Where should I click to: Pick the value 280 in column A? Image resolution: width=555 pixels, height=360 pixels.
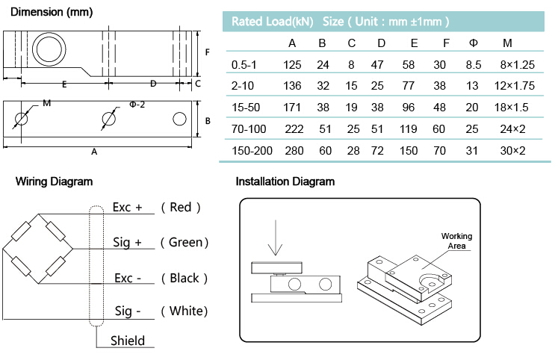(x=292, y=150)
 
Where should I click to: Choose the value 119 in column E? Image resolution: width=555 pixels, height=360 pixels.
(x=408, y=128)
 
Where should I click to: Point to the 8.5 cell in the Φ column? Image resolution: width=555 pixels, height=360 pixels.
(x=473, y=65)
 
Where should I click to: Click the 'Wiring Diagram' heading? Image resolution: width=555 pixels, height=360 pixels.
(x=54, y=181)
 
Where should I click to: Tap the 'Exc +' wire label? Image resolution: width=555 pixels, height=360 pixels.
(x=127, y=207)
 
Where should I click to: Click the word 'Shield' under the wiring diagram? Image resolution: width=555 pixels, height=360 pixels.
(x=128, y=341)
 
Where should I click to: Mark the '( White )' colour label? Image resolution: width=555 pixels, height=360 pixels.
(x=184, y=311)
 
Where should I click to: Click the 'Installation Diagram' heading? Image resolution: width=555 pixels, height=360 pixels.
(x=285, y=181)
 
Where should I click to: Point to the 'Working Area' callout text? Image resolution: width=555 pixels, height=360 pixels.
(x=456, y=240)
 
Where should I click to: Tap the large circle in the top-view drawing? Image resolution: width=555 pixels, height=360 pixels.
(x=46, y=50)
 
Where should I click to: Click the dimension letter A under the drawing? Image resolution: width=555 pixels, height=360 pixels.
(x=94, y=152)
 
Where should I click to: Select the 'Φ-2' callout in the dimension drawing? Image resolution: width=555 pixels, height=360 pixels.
(x=137, y=105)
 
